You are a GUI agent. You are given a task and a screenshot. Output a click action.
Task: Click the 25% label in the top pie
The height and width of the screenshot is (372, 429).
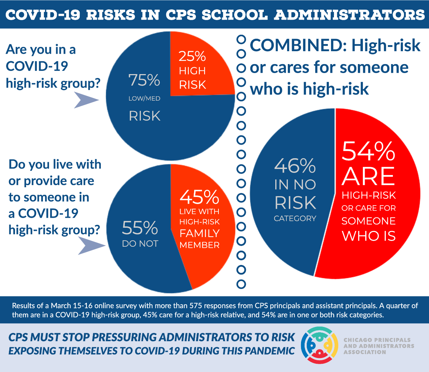pyautogui.click(x=192, y=56)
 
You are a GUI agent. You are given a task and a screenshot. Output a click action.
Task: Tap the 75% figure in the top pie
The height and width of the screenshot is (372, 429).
pyautogui.click(x=144, y=80)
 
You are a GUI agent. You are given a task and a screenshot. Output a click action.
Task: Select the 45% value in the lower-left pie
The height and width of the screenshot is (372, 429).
pyautogui.click(x=199, y=197)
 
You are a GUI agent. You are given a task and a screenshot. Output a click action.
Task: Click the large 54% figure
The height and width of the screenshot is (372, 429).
pyautogui.click(x=368, y=151)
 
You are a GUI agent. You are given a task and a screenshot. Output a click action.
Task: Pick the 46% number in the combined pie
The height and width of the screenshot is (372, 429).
pyautogui.click(x=295, y=166)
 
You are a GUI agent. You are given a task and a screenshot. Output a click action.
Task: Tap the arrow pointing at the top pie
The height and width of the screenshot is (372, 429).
pyautogui.click(x=86, y=100)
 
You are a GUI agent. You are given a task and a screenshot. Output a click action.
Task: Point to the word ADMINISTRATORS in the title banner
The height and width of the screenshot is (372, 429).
pyautogui.click(x=350, y=15)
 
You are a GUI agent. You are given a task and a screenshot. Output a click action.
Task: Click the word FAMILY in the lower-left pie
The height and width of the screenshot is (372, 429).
pyautogui.click(x=199, y=233)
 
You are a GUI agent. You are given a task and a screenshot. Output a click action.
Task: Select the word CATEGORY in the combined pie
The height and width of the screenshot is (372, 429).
pyautogui.click(x=295, y=218)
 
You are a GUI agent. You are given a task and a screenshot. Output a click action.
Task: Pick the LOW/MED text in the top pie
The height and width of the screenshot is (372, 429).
pyautogui.click(x=144, y=98)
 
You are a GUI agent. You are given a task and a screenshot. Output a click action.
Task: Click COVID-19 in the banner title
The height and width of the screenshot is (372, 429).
pyautogui.click(x=43, y=15)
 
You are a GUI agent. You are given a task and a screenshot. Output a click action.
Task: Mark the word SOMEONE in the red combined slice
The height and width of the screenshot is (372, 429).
pyautogui.click(x=368, y=221)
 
